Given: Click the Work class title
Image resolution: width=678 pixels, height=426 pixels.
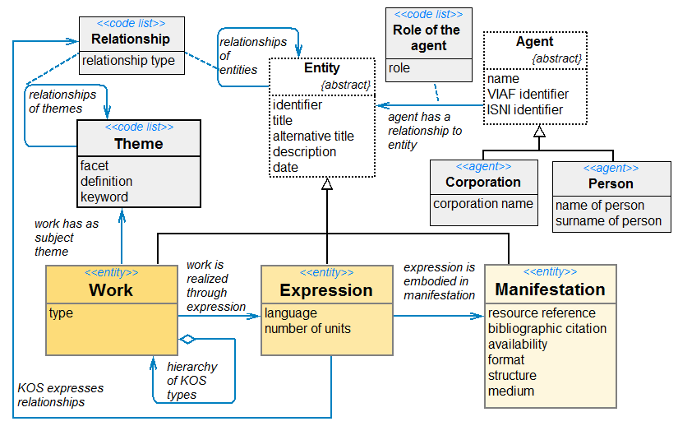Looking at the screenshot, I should pyautogui.click(x=111, y=290).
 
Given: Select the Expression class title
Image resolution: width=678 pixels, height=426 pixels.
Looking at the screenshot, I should pyautogui.click(x=326, y=290).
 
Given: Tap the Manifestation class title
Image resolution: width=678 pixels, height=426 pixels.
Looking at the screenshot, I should pyautogui.click(x=550, y=289).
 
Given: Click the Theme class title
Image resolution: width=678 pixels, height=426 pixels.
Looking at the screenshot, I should pyautogui.click(x=138, y=144).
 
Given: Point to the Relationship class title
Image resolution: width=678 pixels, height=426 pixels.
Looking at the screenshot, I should pyautogui.click(x=131, y=39).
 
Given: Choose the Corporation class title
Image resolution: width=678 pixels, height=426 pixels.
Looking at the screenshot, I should pyautogui.click(x=482, y=182).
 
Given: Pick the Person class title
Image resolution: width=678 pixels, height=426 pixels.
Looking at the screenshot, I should pyautogui.click(x=611, y=183).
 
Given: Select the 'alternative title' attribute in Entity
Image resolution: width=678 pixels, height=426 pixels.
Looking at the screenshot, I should pyautogui.click(x=313, y=136).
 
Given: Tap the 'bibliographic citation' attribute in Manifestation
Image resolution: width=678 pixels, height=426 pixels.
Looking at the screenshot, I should pyautogui.click(x=547, y=328).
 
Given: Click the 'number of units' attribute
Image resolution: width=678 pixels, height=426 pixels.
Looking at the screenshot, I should pyautogui.click(x=307, y=328).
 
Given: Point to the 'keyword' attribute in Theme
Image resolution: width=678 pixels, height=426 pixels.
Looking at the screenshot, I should pyautogui.click(x=104, y=197).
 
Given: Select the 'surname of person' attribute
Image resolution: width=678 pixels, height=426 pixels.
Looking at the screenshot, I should pyautogui.click(x=608, y=220).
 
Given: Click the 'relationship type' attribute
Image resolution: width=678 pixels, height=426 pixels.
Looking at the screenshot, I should pyautogui.click(x=129, y=60).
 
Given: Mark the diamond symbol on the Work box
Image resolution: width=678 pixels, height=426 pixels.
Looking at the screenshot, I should pyautogui.click(x=188, y=338).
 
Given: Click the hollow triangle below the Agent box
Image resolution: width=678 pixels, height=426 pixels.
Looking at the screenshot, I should pyautogui.click(x=539, y=131).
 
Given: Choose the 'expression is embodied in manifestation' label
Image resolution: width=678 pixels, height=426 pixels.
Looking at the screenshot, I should pyautogui.click(x=439, y=281).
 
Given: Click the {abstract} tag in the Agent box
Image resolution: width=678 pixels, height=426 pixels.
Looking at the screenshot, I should pyautogui.click(x=557, y=58).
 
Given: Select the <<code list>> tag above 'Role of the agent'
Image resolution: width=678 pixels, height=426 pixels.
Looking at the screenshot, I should pyautogui.click(x=427, y=15).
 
